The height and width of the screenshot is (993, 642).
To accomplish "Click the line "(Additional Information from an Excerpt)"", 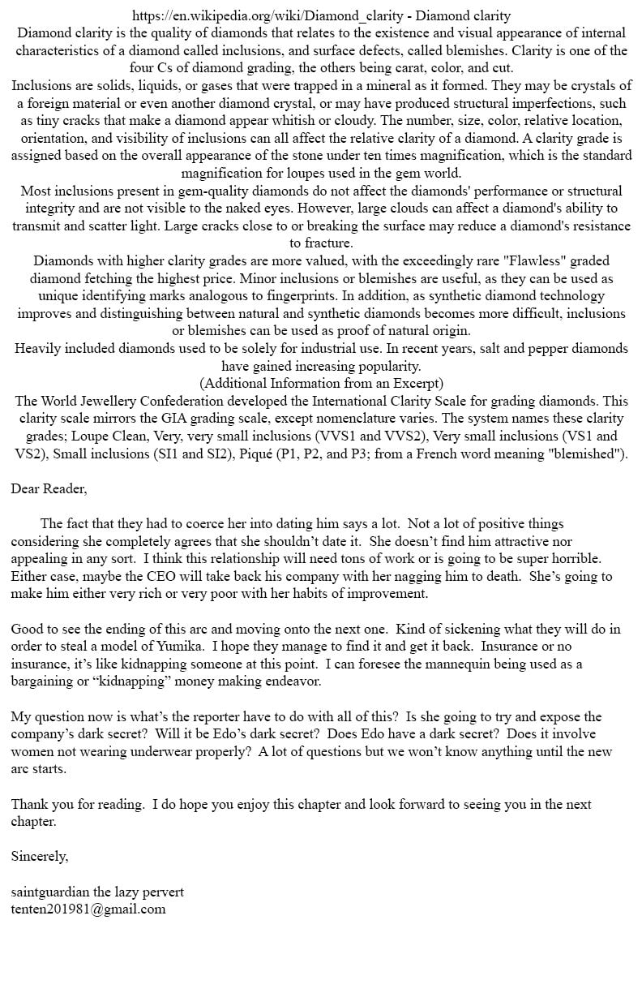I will pyautogui.click(x=321, y=383).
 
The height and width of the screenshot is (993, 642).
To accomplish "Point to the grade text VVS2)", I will pyautogui.click(x=404, y=436).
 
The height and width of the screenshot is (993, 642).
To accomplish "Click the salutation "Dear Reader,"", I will pyautogui.click(x=49, y=488).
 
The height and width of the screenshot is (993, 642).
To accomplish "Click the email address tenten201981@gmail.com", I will pyautogui.click(x=88, y=909).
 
